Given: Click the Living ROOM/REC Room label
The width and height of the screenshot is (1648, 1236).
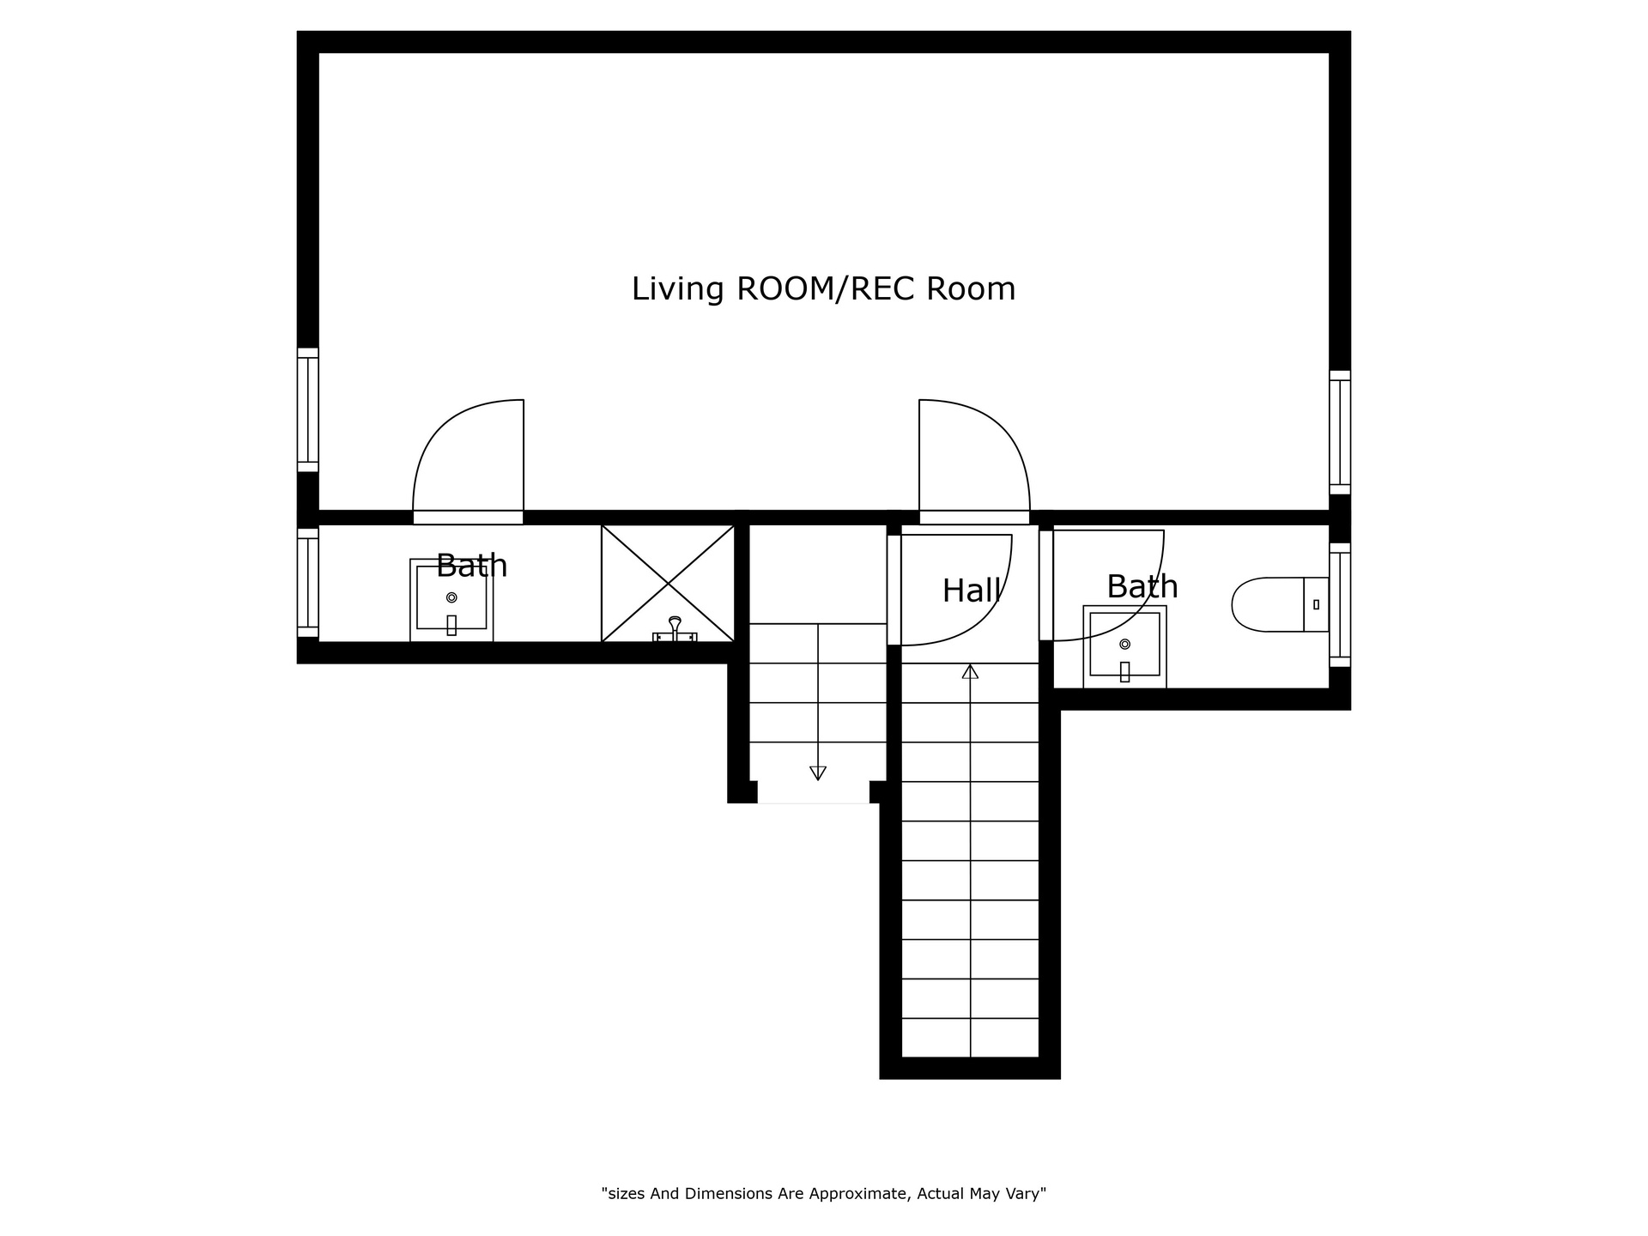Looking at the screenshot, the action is pos(823,289).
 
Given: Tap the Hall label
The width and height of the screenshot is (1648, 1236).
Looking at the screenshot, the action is pos(972,591).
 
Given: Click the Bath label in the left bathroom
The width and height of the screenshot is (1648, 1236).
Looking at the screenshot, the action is pos(472,566).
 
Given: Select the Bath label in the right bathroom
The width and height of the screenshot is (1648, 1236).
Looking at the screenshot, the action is pos(1142,586).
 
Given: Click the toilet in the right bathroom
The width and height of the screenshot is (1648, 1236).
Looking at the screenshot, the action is pos(1280,604).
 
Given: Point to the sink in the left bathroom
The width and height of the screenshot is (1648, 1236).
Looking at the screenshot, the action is pos(451,600).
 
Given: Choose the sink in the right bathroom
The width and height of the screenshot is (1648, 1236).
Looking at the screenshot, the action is pos(1124,646).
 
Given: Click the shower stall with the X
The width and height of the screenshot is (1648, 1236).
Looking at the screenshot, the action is pos(668,584).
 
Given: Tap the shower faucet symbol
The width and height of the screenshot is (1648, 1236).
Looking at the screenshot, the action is pos(675,629).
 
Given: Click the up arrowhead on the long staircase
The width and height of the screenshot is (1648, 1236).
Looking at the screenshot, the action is pos(970,671).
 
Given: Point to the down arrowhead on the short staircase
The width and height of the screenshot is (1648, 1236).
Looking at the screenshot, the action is pos(818,772).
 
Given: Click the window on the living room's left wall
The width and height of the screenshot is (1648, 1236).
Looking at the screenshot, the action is pos(308,409).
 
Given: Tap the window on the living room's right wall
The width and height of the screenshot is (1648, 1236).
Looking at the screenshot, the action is pos(1340,433).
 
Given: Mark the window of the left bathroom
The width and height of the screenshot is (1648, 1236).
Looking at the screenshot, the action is pos(308,583).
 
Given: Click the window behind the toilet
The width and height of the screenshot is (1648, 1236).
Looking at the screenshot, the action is pos(1340,604).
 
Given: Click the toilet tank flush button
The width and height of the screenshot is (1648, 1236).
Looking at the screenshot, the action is pos(1316,604).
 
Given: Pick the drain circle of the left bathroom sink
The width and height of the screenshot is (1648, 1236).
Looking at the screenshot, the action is pos(451,597).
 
